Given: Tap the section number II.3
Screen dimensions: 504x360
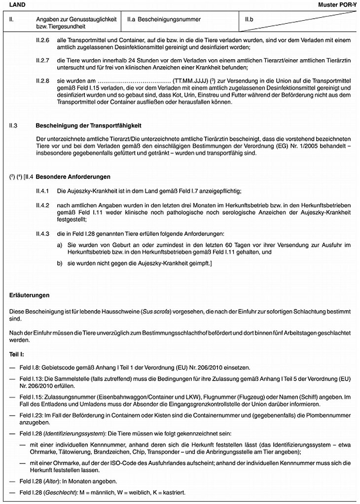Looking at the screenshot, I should pos(13,126).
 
